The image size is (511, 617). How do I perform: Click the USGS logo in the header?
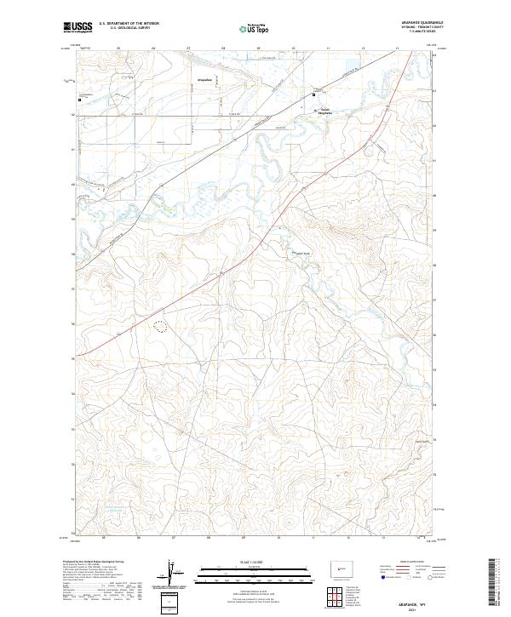click(78, 28)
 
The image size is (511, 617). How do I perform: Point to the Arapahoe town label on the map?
click(204, 78)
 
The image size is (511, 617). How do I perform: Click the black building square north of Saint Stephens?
click(319, 92)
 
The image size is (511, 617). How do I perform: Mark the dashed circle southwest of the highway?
click(160, 324)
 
